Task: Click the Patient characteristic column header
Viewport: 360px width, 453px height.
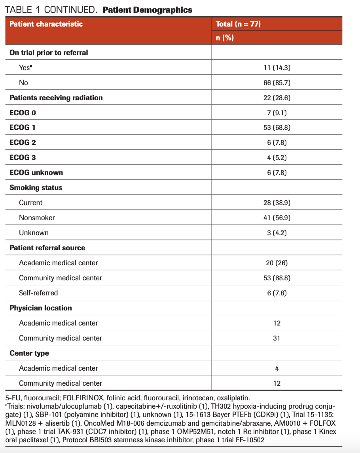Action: click(x=46, y=24)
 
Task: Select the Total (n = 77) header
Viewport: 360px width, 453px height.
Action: click(x=238, y=24)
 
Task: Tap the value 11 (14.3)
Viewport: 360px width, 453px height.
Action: click(x=277, y=68)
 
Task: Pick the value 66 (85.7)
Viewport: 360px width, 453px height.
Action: click(x=277, y=83)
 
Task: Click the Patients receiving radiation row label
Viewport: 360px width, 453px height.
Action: click(x=56, y=98)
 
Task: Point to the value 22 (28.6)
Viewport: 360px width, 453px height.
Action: click(x=277, y=98)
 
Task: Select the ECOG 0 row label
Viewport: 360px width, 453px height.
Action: click(x=23, y=113)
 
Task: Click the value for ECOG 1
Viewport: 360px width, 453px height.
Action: click(x=277, y=128)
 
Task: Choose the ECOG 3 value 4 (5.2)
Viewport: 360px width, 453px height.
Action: click(x=277, y=158)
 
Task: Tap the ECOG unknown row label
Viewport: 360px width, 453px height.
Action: click(x=36, y=173)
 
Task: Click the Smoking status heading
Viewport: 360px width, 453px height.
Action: click(x=36, y=188)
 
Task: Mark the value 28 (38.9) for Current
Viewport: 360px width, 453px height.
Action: click(x=277, y=203)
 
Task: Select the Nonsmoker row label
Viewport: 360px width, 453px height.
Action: click(x=37, y=218)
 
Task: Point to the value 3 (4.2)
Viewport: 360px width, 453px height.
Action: click(x=277, y=233)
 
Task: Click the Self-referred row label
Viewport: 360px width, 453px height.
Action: click(x=38, y=293)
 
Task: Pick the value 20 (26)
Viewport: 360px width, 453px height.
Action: click(x=277, y=263)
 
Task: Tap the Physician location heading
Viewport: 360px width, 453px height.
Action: click(x=40, y=308)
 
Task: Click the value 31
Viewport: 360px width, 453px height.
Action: click(x=277, y=338)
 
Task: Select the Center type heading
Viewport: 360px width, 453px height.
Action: click(x=29, y=353)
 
